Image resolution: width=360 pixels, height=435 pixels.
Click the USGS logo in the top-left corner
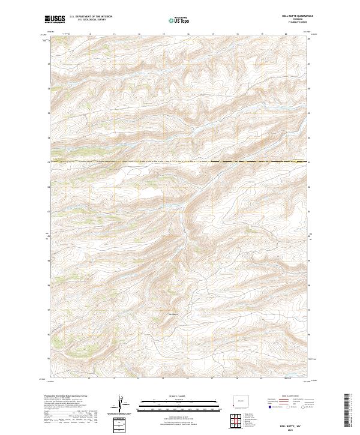coord(55,20)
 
